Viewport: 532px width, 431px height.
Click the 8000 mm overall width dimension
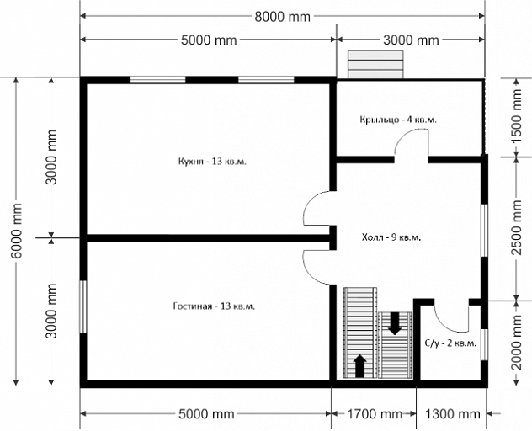(282, 16)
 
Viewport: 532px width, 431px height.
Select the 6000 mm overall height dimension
(16, 231)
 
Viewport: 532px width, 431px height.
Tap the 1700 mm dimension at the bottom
(375, 413)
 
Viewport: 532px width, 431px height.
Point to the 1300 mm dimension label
(453, 413)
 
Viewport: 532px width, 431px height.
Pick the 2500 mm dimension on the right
(516, 227)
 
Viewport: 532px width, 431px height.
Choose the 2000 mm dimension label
(516, 343)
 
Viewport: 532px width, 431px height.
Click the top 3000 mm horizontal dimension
(411, 40)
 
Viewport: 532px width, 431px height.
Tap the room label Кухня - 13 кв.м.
(212, 161)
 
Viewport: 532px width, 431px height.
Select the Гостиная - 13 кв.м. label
(214, 306)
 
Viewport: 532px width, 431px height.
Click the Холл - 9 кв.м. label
(391, 237)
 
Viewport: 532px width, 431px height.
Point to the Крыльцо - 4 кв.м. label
(398, 120)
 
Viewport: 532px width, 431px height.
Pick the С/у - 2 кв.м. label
(451, 343)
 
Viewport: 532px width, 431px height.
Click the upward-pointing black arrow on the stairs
(360, 366)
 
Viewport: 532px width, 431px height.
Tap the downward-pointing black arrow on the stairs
(395, 323)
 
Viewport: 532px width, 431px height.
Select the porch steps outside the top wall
(376, 64)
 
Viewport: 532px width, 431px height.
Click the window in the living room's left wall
(83, 306)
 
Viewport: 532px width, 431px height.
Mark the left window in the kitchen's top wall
(157, 80)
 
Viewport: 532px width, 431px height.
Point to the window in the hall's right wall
(485, 231)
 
